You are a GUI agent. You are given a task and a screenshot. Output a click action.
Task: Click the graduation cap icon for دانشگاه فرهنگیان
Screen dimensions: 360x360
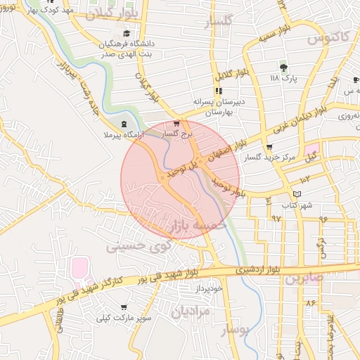[127, 33]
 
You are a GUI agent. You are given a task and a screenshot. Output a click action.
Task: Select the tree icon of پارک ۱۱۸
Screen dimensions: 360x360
[283, 67]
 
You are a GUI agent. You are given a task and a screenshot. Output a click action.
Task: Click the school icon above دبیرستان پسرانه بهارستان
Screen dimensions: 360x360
[219, 91]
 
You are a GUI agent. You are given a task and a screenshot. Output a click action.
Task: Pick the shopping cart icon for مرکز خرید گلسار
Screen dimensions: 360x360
[270, 148]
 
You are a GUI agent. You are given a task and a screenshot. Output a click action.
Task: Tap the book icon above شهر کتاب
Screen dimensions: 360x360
[296, 194]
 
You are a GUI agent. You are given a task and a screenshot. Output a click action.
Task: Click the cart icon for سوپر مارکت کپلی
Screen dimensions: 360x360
[124, 307]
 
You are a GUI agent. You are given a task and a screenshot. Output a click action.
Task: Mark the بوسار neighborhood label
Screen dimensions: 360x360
[236, 330]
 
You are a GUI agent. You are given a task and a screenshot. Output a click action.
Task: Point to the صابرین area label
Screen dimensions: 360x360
[303, 278]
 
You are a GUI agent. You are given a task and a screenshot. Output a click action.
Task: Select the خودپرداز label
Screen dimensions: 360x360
[209, 288]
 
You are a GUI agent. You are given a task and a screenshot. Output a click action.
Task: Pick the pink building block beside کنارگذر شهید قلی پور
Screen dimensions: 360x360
[80, 268]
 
